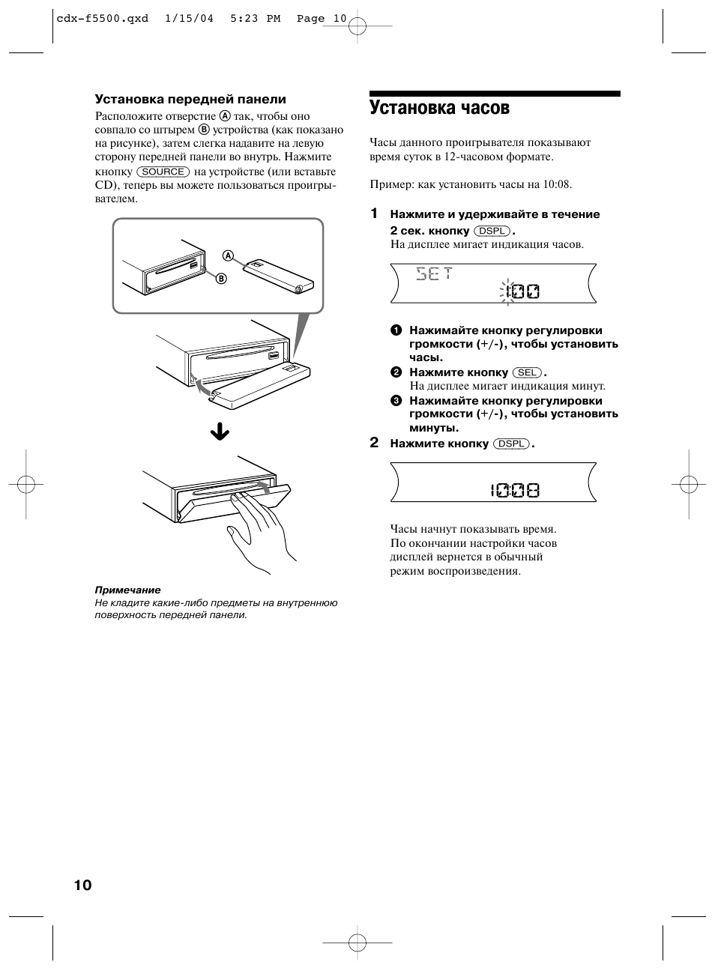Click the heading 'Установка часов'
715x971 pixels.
[439, 109]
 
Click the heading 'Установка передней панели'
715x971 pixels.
[190, 99]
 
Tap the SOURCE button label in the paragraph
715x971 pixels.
[163, 172]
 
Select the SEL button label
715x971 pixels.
[527, 372]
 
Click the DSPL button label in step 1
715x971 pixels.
[492, 231]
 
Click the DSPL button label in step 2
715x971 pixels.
[511, 444]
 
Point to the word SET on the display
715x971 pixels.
[435, 274]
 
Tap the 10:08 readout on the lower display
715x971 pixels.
[516, 491]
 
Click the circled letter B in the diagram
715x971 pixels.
[221, 279]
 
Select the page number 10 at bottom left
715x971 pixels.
[82, 885]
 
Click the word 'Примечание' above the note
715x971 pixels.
[127, 590]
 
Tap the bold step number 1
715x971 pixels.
[374, 214]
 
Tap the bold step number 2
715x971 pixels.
[374, 442]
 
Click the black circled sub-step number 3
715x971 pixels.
[396, 401]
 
